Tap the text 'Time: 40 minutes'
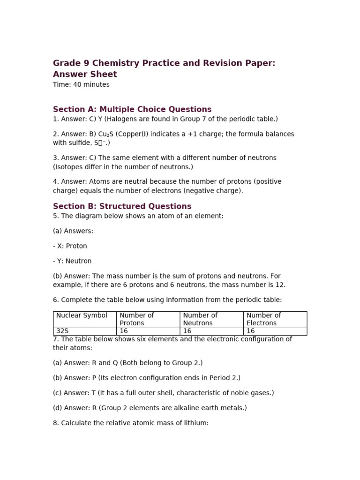[81, 85]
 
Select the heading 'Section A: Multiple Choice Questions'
[132, 110]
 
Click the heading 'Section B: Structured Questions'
[122, 206]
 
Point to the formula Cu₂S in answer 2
[106, 134]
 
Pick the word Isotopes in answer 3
[70, 167]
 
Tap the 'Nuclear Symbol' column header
[82, 315]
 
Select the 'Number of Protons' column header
[137, 319]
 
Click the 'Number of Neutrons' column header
[200, 319]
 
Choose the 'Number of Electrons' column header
[263, 319]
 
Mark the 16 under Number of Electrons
[251, 331]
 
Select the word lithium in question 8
[198, 423]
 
